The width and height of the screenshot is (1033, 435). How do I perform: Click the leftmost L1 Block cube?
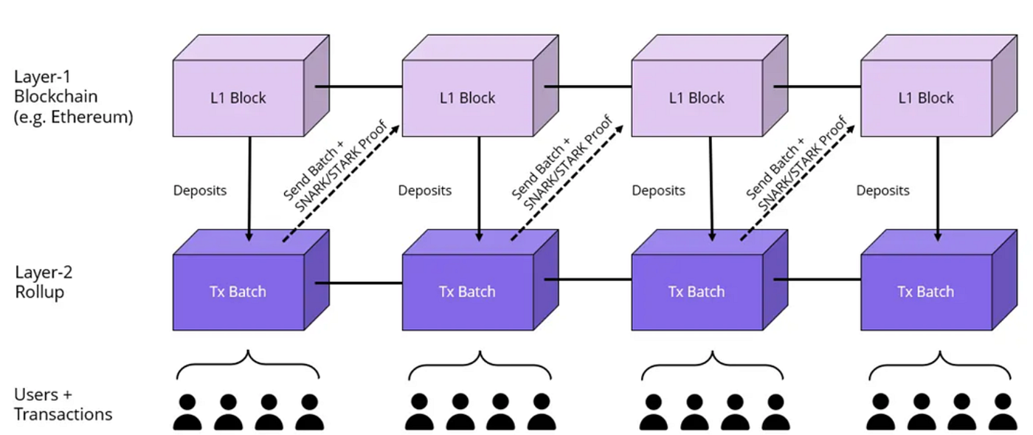238,98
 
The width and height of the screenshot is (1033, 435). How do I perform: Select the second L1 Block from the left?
467,98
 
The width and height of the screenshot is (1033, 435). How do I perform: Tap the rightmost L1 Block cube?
926,98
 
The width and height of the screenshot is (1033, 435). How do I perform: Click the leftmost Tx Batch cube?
238,291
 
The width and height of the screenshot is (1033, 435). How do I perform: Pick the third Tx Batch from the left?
697,291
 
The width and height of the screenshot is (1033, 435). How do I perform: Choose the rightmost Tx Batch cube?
926,291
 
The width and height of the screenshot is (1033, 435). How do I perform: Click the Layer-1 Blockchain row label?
73,96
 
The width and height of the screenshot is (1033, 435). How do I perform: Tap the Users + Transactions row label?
63,404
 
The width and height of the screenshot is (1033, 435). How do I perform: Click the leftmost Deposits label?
199,191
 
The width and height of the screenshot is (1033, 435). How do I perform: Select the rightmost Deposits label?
882,191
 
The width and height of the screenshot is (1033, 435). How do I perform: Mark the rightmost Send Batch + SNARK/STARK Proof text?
796,160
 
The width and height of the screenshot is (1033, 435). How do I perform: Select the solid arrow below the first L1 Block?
249,188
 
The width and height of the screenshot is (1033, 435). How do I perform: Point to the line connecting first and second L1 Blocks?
359,86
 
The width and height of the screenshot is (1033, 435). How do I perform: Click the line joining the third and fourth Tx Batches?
817,280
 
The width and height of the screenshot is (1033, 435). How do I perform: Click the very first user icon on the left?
187,412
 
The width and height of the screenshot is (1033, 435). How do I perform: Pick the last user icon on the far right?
1001,412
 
